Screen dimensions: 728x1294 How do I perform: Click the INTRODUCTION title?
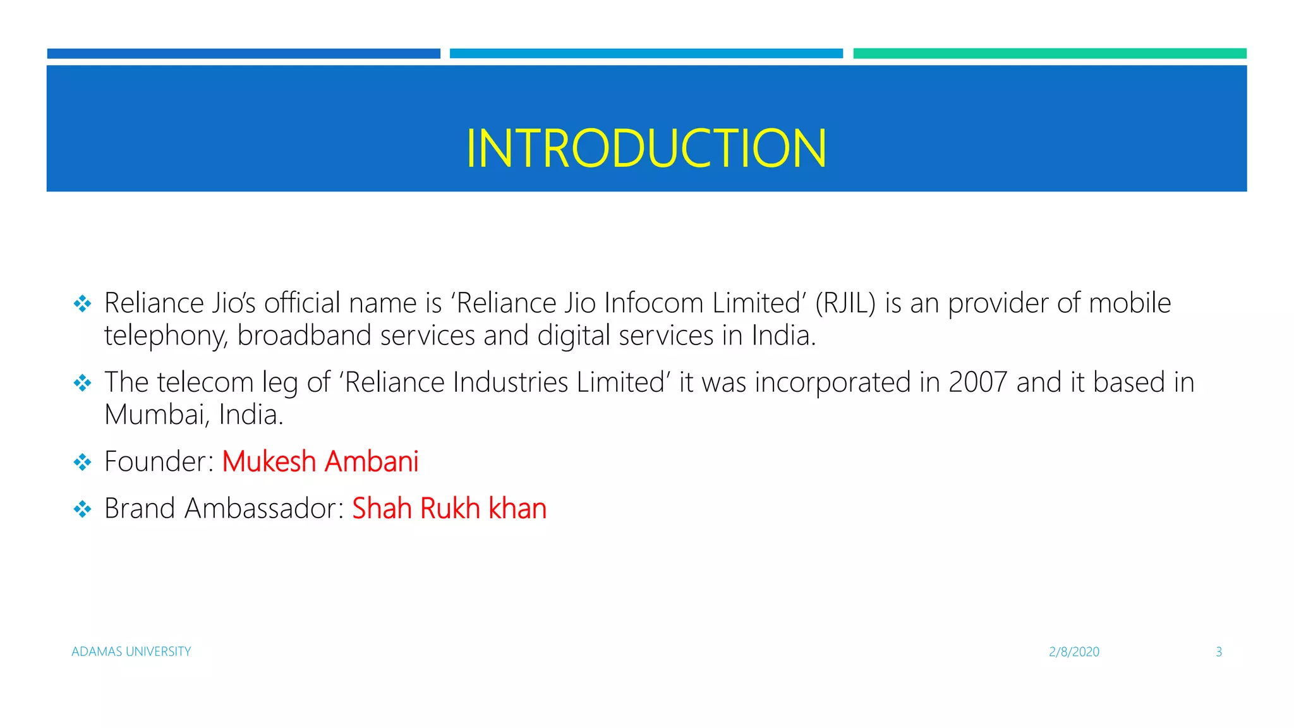[646, 149]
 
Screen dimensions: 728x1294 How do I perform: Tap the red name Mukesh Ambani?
[320, 461]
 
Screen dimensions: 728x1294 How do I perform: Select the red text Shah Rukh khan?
[449, 508]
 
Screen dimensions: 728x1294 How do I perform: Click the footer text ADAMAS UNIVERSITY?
[131, 652]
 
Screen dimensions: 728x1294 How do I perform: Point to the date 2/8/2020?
[1073, 652]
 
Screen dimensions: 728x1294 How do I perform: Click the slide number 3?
[1219, 652]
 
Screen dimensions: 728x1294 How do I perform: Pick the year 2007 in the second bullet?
[977, 382]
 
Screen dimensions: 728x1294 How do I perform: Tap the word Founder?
[155, 461]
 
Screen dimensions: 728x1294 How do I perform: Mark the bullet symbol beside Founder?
[82, 462]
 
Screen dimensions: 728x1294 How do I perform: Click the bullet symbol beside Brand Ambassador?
[82, 509]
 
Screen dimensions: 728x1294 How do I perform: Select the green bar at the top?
[1049, 54]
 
